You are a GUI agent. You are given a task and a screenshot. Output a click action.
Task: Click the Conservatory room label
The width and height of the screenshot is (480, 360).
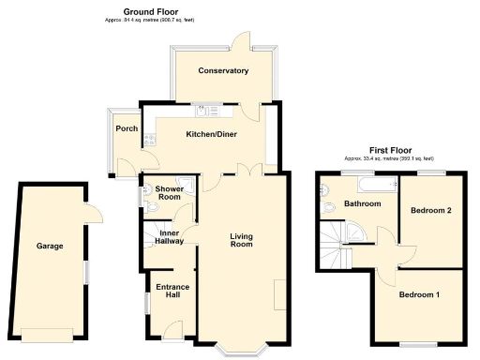[223, 70]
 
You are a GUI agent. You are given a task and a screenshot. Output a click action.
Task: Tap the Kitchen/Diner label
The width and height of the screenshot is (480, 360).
[211, 134]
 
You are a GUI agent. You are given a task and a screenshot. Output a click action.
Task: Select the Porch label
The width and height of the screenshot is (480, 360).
[126, 128]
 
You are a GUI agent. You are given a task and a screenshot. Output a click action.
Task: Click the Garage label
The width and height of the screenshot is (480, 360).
[50, 246]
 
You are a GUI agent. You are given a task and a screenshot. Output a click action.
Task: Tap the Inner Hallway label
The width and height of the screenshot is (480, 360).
[170, 237]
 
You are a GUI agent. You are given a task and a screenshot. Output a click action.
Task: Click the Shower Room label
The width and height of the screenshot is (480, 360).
[169, 192]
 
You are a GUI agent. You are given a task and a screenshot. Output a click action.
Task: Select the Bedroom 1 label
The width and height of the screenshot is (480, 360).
[419, 295]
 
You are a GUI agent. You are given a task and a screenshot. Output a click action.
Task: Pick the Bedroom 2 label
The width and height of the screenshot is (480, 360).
[432, 210]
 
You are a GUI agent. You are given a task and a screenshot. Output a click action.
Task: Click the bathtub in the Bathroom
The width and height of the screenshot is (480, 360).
[358, 182]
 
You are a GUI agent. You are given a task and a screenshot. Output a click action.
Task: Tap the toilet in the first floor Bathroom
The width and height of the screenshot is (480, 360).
[327, 208]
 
